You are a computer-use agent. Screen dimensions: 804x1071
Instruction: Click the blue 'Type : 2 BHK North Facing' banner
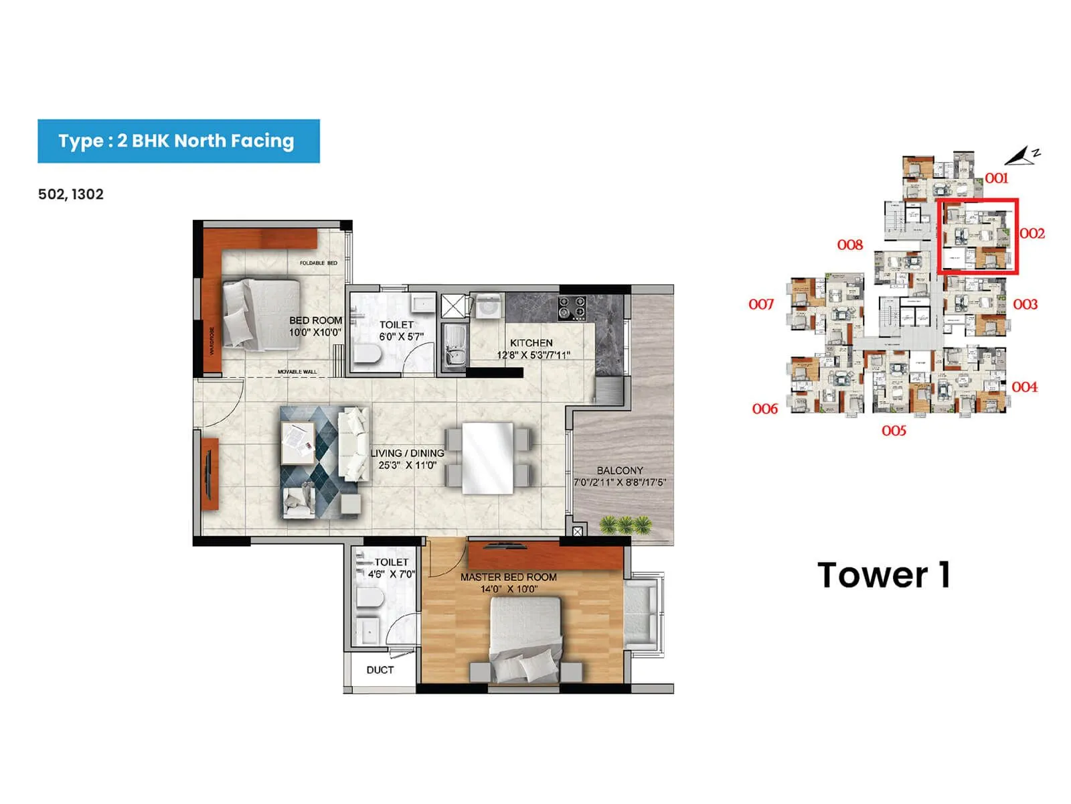pos(178,141)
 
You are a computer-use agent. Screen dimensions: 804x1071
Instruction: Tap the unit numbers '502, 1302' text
pos(71,194)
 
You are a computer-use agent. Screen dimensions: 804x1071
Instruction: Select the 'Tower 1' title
pos(884,575)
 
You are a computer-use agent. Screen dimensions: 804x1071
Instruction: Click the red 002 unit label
pos(1032,233)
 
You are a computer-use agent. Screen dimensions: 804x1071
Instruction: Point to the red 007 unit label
pos(761,304)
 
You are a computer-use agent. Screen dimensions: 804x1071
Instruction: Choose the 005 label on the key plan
pos(894,430)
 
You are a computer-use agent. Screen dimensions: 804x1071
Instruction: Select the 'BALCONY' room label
pos(620,470)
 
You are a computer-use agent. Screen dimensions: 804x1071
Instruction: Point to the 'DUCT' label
pos(380,670)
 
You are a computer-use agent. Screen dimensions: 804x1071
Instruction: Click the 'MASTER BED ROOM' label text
pos(508,577)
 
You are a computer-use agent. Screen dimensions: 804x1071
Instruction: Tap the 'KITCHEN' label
pos(531,343)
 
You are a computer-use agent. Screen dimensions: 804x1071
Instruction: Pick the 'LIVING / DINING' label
pos(407,453)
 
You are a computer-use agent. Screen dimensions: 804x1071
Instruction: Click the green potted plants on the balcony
pos(625,525)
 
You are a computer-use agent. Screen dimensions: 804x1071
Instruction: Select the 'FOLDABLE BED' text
pos(319,263)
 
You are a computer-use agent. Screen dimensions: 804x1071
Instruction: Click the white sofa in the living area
pos(353,444)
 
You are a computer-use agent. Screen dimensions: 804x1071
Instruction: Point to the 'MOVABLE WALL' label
pos(297,372)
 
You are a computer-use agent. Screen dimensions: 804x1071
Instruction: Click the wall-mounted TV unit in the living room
pos(210,473)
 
